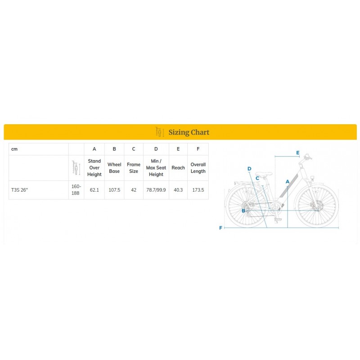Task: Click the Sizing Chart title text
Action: coord(189,132)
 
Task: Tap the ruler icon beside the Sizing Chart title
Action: coord(160,132)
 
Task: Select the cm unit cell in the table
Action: coord(14,149)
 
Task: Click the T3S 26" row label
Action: coord(19,190)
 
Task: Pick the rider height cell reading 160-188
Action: coord(76,190)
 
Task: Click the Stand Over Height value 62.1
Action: coord(94,190)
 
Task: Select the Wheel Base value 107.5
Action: coord(114,190)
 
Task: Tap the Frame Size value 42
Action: coord(134,190)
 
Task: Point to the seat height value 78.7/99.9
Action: coord(156,190)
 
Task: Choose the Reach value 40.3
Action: coord(178,190)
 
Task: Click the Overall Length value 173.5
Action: coord(198,190)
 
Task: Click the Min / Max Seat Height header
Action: coord(156,168)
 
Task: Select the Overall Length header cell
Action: coord(198,168)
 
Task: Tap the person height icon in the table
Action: coord(76,168)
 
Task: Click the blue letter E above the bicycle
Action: coord(298,153)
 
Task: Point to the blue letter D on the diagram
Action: coord(249,169)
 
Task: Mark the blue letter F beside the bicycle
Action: coord(220,228)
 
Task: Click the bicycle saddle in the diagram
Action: coord(264,174)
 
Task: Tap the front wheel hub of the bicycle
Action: coord(318,210)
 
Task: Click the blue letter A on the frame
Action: coord(288,182)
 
